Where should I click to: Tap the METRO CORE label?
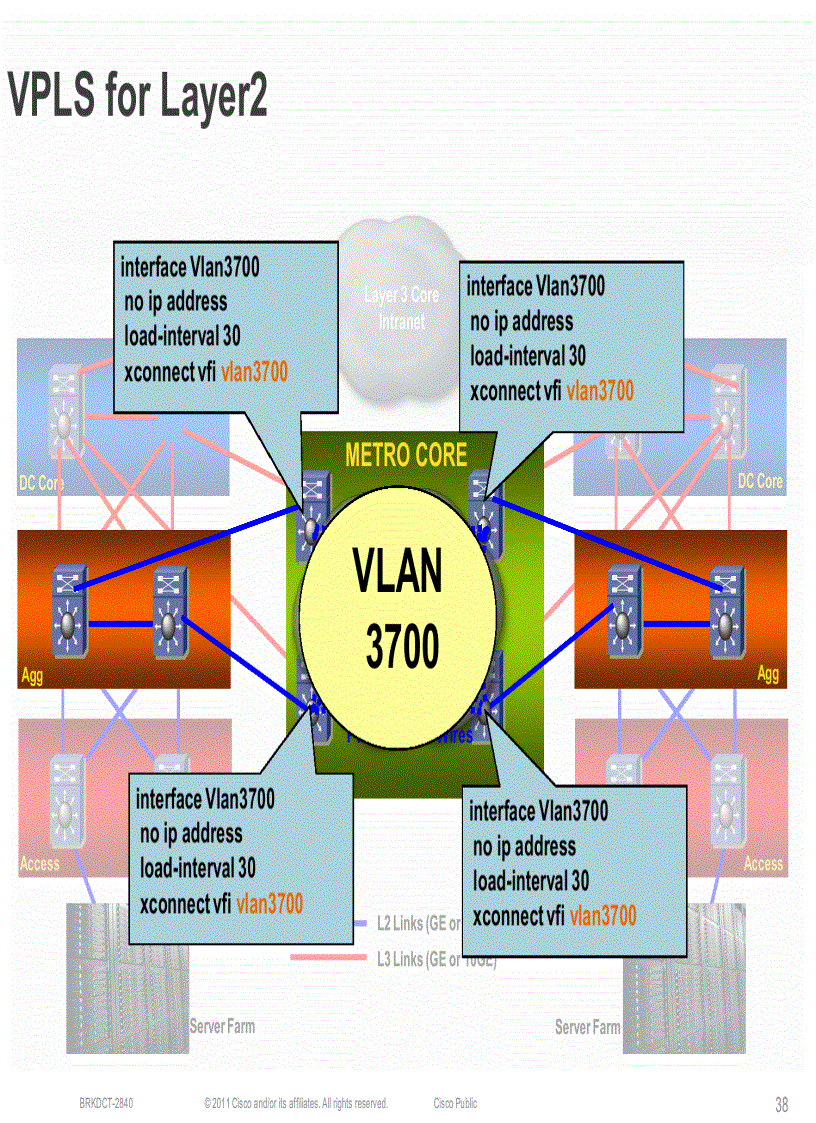click(405, 456)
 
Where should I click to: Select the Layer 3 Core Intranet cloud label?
click(401, 308)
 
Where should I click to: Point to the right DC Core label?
click(760, 481)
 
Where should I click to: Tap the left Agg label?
click(32, 676)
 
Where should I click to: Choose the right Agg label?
click(767, 674)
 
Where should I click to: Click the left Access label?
click(40, 864)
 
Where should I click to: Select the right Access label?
click(763, 864)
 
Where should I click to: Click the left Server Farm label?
click(222, 1027)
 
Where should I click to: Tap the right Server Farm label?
click(587, 1027)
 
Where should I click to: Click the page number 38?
click(781, 1105)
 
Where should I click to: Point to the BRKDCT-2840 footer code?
click(106, 1104)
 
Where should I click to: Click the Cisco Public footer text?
click(455, 1104)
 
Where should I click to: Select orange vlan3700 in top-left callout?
click(254, 372)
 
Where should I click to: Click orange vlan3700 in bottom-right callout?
click(602, 915)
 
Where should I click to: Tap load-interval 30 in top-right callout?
click(528, 356)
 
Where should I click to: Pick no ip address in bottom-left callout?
click(191, 834)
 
